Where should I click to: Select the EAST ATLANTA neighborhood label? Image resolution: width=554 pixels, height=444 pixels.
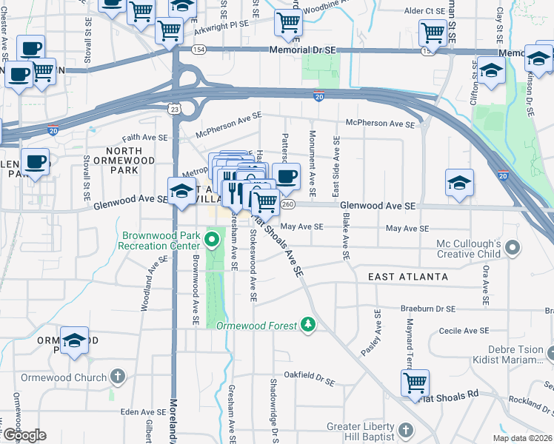coord(408,276)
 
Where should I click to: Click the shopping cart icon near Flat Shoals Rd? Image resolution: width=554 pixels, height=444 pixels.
coord(415,383)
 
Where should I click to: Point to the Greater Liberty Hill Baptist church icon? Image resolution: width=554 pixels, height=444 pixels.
coord(405,430)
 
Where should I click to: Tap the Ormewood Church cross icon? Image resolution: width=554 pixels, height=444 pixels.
coord(117,377)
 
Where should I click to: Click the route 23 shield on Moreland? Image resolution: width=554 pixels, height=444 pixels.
coord(174,108)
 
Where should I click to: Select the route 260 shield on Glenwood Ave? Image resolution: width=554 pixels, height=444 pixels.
coord(289,204)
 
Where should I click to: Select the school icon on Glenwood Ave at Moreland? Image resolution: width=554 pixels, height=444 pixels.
coord(181,191)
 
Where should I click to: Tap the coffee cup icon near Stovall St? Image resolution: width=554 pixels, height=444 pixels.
coord(34,161)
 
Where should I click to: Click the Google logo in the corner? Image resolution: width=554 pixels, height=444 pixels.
coord(24,435)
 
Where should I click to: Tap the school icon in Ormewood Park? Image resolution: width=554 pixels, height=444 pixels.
coord(74,340)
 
